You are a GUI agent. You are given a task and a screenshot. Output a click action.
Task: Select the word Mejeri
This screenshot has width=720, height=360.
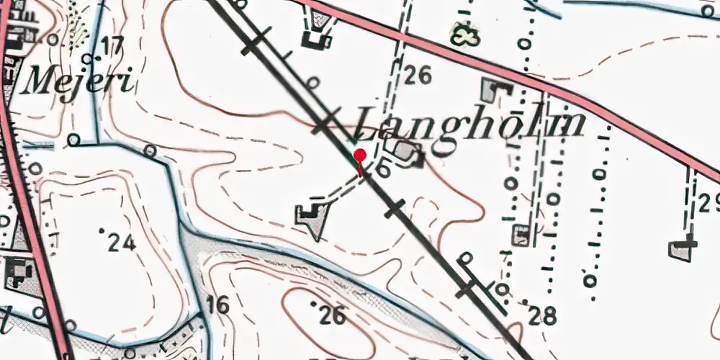click(78, 81)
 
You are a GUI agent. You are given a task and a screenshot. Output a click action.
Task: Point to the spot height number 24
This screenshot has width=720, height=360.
click(122, 243)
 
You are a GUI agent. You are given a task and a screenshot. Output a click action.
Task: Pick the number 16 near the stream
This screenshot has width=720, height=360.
click(217, 305)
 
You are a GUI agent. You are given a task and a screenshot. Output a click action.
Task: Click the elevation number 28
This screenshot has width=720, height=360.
click(541, 315)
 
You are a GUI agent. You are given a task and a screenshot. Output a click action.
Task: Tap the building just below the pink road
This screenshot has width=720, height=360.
click(494, 91)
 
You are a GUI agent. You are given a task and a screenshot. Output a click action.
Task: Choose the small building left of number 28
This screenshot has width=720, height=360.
click(521, 235)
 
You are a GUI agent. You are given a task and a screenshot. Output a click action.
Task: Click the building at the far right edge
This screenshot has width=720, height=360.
click(682, 249)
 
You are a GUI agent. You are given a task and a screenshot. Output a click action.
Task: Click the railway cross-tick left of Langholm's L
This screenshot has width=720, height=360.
click(326, 122)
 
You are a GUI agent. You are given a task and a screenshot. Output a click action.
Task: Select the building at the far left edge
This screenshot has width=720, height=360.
click(16, 273)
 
